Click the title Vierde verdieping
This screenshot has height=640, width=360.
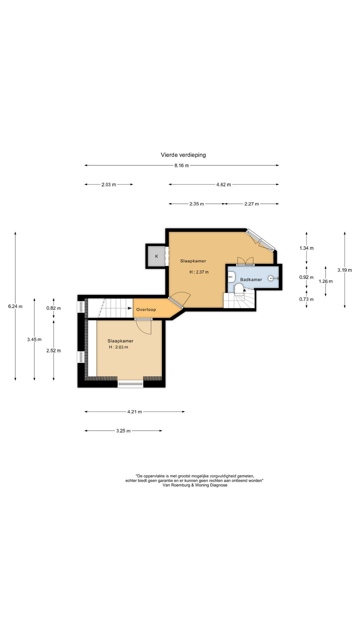click(x=183, y=155)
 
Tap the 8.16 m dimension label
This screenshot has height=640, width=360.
click(x=181, y=165)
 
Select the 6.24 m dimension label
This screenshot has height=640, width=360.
click(x=15, y=306)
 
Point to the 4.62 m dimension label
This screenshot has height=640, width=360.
click(x=223, y=184)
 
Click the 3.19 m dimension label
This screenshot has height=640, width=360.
click(x=345, y=270)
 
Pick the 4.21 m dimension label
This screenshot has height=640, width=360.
click(x=134, y=412)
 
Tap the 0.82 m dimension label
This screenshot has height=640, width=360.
click(x=54, y=308)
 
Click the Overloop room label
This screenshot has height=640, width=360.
click(x=146, y=309)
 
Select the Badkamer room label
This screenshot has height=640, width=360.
click(x=251, y=279)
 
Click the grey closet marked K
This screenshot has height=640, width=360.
click(x=156, y=256)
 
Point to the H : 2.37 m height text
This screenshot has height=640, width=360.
click(x=199, y=272)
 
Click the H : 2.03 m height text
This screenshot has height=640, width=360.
click(x=118, y=347)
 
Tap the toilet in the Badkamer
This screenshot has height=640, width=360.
click(x=239, y=289)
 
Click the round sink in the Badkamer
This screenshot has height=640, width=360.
click(x=271, y=278)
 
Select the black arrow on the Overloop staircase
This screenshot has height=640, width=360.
click(x=130, y=308)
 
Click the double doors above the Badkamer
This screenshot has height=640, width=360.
click(x=245, y=261)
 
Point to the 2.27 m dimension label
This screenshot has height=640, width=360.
click(x=251, y=204)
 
